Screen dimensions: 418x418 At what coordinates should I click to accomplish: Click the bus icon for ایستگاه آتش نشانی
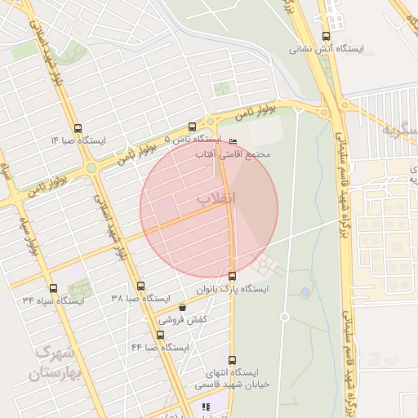[327, 36]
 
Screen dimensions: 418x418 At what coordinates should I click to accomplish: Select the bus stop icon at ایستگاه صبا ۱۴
[78, 128]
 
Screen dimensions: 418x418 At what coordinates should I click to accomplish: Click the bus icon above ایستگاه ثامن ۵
[192, 127]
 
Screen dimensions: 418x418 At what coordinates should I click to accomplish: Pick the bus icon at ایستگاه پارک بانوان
[233, 276]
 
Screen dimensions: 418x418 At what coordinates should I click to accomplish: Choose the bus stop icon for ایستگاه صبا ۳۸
[140, 287]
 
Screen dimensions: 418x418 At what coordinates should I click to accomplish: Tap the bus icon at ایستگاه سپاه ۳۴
[53, 288]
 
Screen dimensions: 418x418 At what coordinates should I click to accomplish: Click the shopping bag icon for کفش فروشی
[181, 308]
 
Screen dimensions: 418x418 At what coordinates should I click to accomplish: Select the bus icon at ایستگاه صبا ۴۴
[160, 335]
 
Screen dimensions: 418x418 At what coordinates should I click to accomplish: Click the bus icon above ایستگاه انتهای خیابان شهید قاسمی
[232, 360]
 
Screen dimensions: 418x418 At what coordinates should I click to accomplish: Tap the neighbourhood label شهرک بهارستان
[56, 365]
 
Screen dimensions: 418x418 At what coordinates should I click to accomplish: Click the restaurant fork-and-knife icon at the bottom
[205, 407]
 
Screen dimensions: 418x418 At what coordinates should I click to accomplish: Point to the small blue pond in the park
[305, 291]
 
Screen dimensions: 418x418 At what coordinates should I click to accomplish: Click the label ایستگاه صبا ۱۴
[78, 140]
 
